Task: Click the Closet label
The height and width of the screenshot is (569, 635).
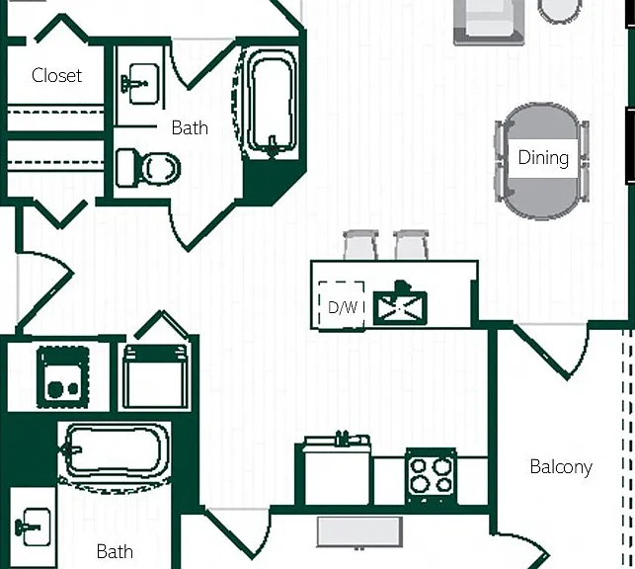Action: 56,75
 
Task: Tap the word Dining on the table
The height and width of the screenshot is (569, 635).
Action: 543,157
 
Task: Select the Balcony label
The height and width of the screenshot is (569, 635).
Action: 561,467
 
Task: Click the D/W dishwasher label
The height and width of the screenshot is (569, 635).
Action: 343,307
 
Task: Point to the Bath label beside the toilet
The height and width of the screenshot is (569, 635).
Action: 190,128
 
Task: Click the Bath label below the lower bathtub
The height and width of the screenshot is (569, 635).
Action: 115,551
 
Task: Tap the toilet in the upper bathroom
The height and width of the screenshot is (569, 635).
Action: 148,169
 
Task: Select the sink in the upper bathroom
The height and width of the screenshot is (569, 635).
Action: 140,84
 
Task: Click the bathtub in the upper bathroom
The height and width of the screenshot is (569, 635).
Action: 272,103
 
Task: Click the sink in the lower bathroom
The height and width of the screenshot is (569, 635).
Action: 34,527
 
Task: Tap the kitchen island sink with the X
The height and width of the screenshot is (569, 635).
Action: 400,306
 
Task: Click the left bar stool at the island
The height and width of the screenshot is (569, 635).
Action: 360,245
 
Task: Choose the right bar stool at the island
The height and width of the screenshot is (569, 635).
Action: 411,245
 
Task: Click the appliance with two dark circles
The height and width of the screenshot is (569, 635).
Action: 63,377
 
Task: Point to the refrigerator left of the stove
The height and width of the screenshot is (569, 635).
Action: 337,470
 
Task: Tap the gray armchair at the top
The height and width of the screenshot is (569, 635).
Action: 489,21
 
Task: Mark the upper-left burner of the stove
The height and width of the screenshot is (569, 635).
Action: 418,466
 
